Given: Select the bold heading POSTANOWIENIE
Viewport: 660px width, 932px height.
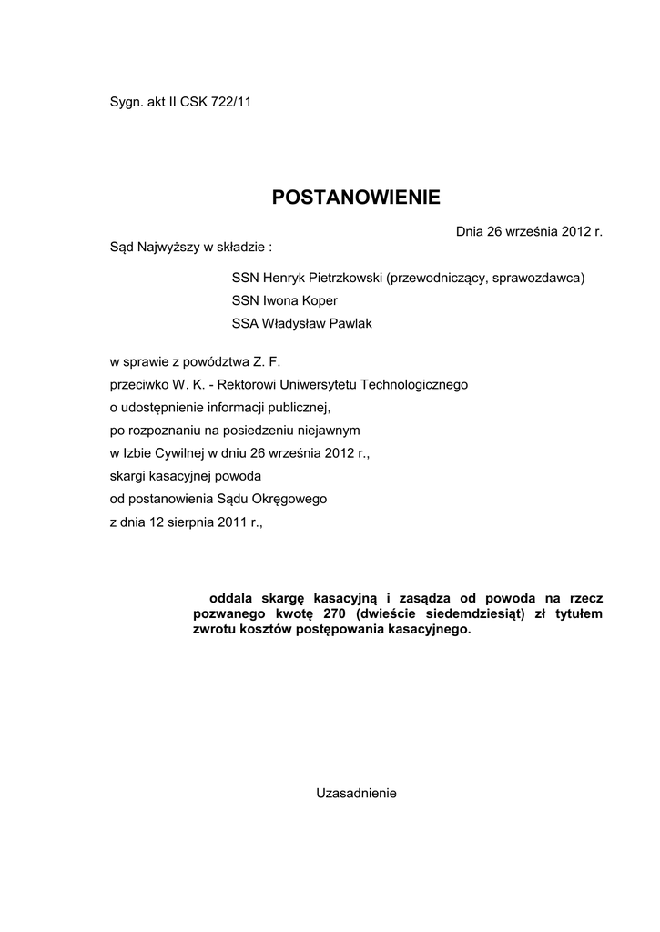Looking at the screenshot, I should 356,198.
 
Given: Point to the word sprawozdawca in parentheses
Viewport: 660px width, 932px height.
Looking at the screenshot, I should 537,278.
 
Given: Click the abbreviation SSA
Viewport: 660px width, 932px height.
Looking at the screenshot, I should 246,323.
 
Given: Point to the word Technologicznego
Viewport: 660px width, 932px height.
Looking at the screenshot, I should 414,384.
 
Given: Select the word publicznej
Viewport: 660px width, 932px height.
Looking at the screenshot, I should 292,406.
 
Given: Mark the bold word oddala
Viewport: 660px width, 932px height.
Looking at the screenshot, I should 229,599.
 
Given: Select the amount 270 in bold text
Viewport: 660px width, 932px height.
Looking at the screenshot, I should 334,613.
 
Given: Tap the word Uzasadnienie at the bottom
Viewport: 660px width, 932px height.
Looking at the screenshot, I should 356,793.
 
